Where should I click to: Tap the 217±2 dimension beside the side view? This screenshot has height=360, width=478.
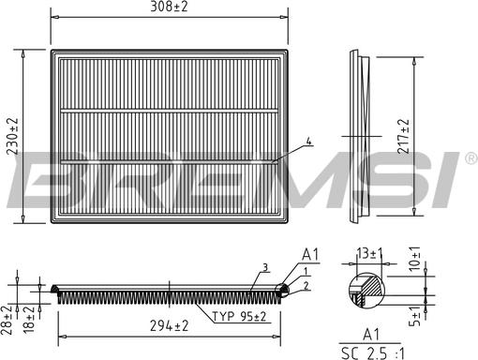[x=404, y=137]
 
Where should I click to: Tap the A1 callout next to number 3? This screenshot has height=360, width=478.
[x=309, y=254]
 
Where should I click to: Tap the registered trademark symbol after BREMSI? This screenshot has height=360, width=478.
[x=471, y=160]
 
